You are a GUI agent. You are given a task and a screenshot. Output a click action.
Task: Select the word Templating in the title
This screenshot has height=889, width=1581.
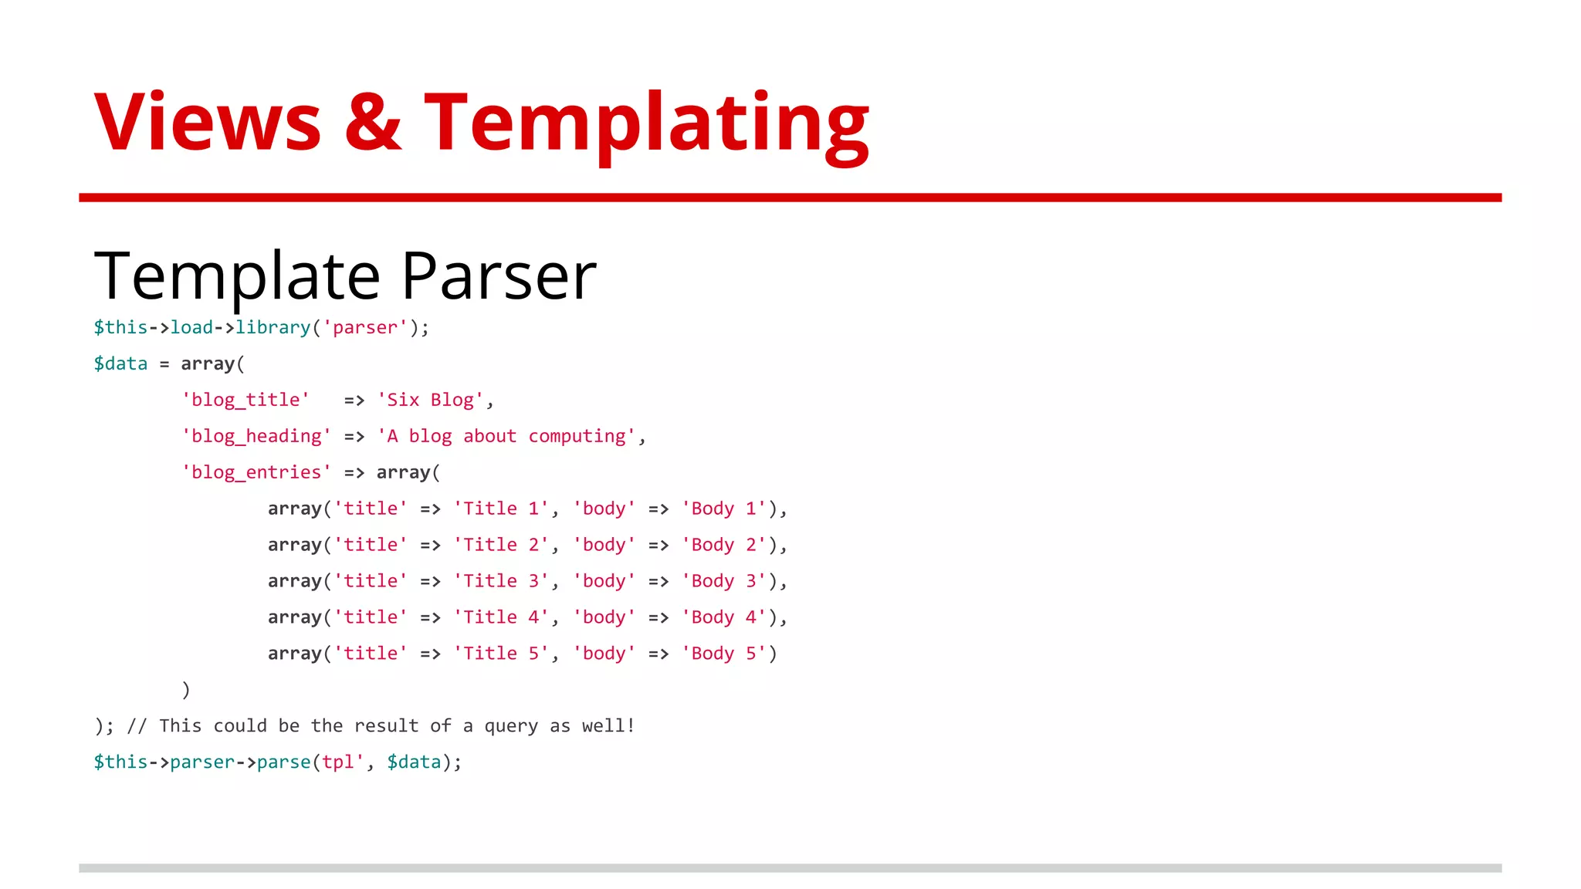pyautogui.click(x=646, y=123)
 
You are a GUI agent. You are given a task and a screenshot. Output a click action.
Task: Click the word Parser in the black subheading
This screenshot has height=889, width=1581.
pyautogui.click(x=499, y=275)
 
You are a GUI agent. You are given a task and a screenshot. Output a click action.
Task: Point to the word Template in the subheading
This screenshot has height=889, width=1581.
pyautogui.click(x=237, y=277)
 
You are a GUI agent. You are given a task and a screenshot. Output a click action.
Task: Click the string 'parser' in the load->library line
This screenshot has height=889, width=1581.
pyautogui.click(x=365, y=327)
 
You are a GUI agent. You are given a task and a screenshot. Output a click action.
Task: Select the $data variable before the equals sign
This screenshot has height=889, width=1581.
pyautogui.click(x=120, y=363)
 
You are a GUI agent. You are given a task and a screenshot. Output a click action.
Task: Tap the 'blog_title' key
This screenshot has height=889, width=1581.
pyautogui.click(x=245, y=400)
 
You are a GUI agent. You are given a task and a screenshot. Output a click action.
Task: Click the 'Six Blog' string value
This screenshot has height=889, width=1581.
pyautogui.click(x=430, y=400)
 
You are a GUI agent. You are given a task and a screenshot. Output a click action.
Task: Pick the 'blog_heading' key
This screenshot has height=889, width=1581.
pyautogui.click(x=256, y=436)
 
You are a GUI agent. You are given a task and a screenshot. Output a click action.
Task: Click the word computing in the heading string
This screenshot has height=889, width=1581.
pyautogui.click(x=577, y=436)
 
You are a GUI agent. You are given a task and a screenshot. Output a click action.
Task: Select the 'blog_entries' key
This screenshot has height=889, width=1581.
pyautogui.click(x=256, y=472)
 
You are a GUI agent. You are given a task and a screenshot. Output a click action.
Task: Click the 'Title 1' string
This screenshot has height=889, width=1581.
pyautogui.click(x=501, y=509)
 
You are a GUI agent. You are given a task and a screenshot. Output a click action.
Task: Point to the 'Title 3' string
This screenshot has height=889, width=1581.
pyautogui.click(x=501, y=581)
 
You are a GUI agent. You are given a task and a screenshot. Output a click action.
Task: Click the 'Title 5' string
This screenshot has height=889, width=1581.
pyautogui.click(x=501, y=654)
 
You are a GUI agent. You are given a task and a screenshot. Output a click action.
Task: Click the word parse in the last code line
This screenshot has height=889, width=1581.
pyautogui.click(x=283, y=762)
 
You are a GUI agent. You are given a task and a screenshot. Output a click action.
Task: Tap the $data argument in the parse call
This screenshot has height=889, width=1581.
pyautogui.click(x=414, y=762)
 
